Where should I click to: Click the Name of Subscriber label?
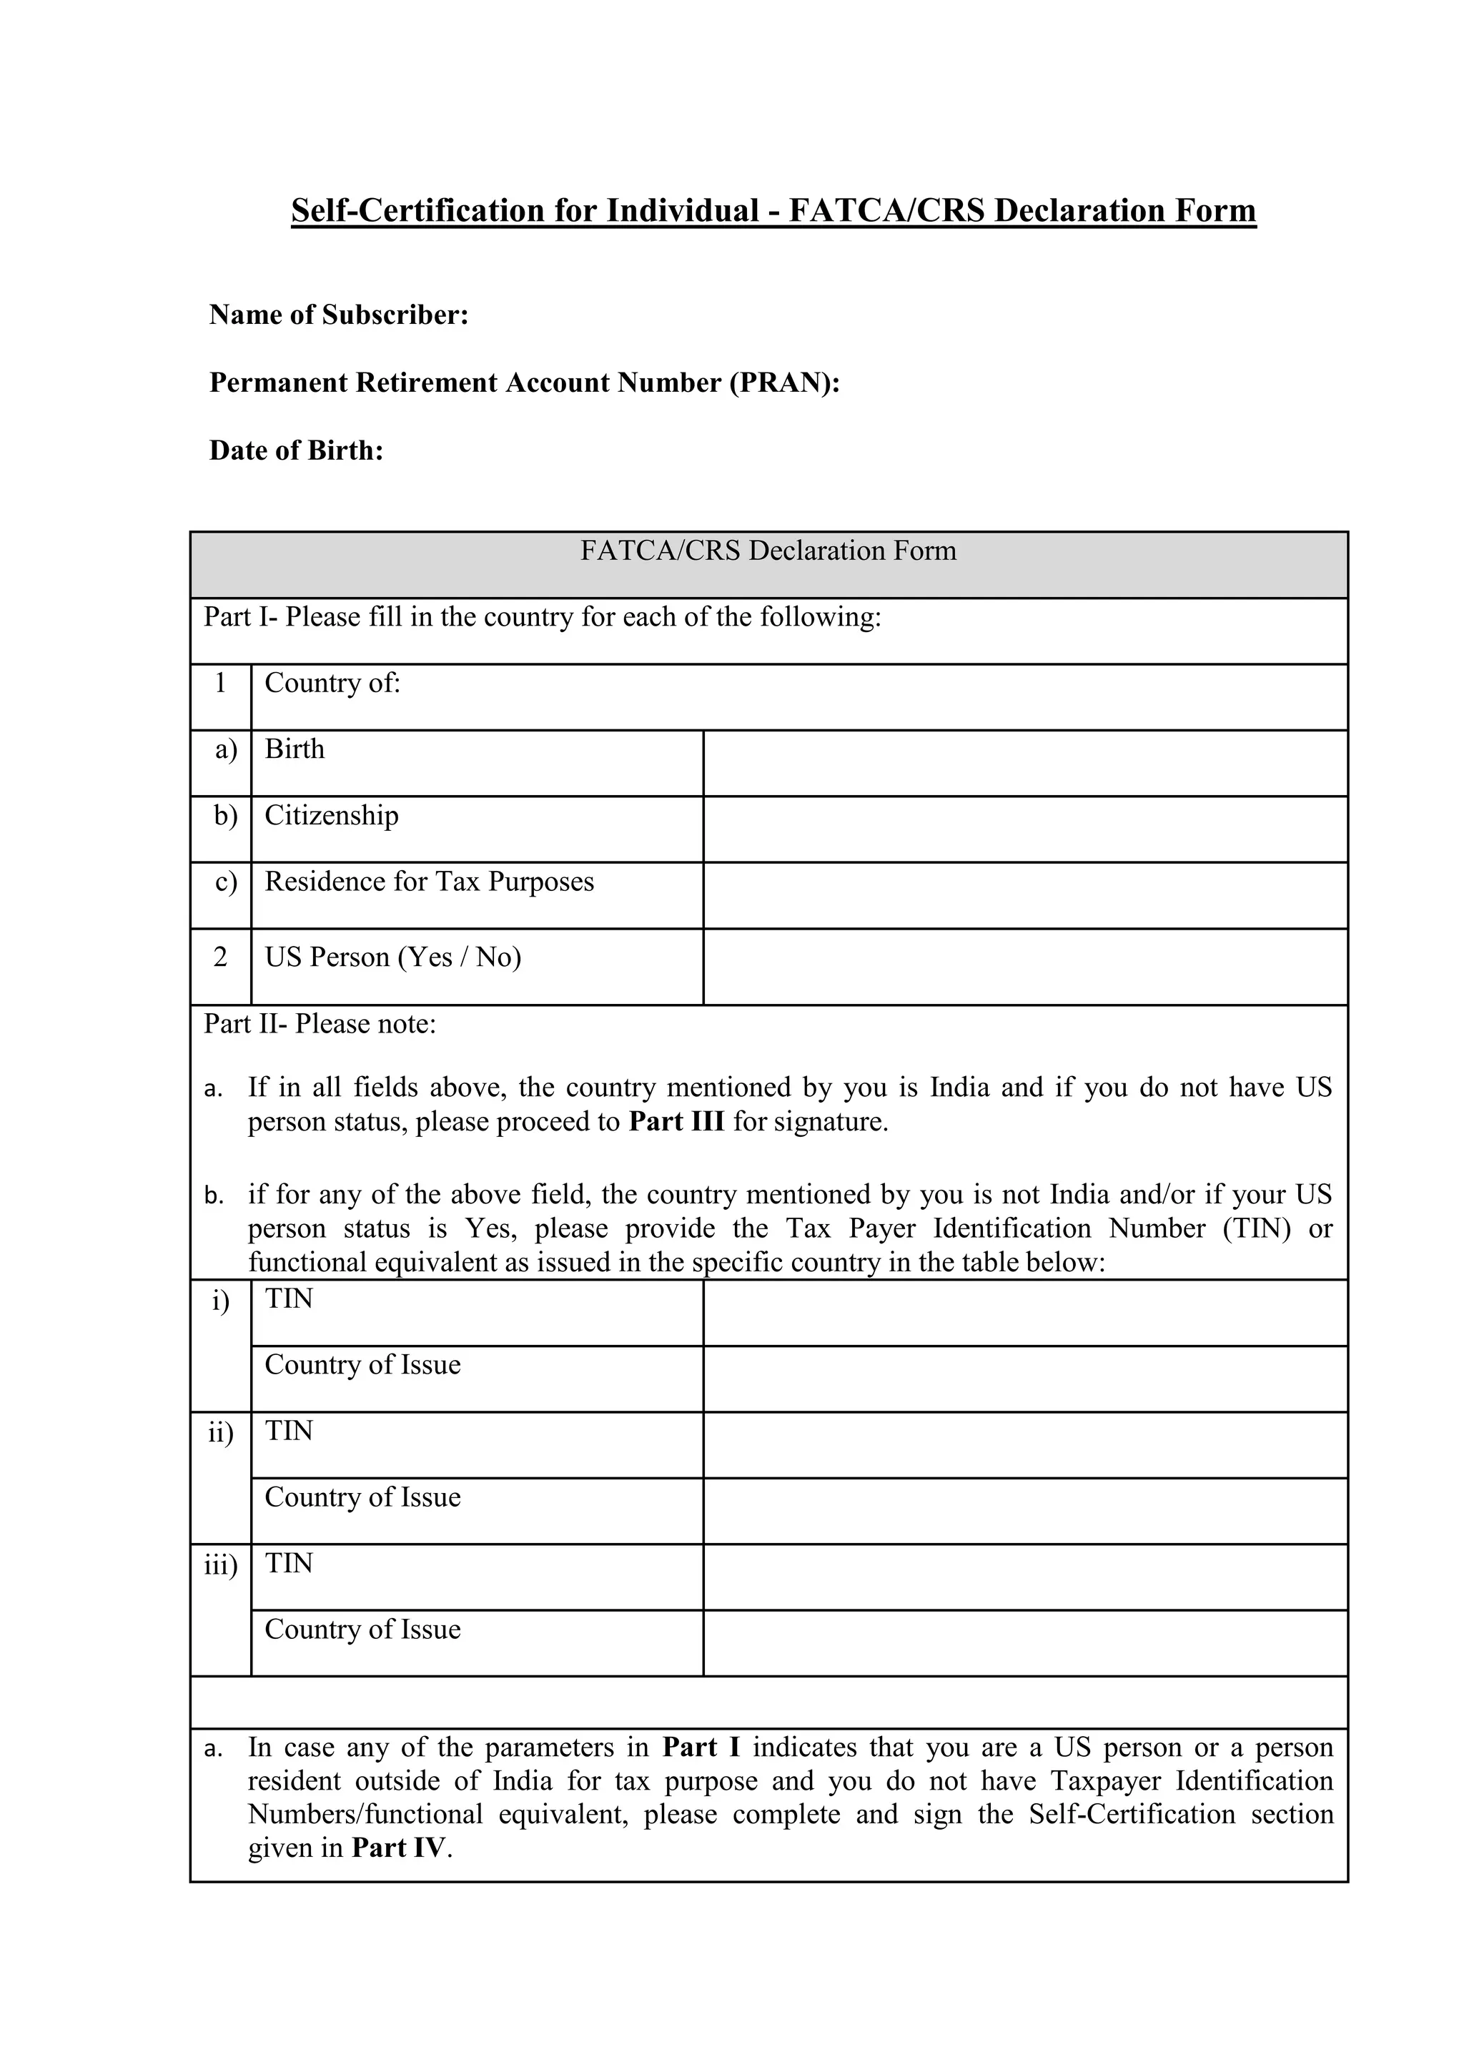coord(338,315)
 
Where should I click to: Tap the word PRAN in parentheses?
coord(783,383)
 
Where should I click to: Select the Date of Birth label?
coord(297,450)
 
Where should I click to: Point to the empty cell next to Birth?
coord(1024,763)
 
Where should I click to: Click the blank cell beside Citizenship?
coord(1024,829)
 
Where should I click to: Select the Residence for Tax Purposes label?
coord(429,882)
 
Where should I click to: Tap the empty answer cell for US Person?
coord(1024,967)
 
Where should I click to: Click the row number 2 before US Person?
coord(220,957)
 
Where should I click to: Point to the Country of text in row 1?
coord(332,684)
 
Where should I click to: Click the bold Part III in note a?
coord(676,1122)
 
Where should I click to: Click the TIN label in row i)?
coord(289,1299)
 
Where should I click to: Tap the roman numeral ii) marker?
coord(220,1433)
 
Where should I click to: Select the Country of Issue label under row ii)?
coord(362,1497)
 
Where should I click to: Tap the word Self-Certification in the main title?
coord(418,211)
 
